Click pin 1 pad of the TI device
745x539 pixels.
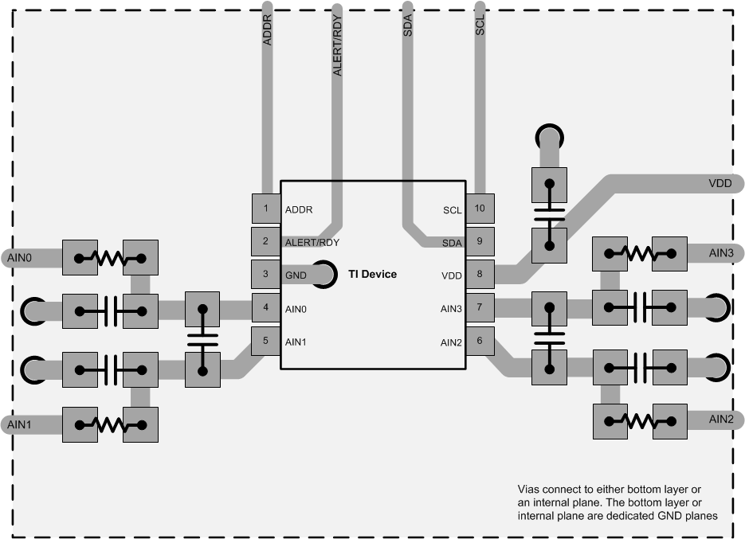265,209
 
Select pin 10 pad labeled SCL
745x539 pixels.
480,209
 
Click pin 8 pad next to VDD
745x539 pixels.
480,275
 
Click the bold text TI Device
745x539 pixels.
372,275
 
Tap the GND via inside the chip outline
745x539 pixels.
323,275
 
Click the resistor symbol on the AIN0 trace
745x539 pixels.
110,258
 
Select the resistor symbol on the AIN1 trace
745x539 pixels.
110,425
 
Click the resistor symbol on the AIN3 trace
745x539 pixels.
640,254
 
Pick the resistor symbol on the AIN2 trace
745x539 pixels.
640,420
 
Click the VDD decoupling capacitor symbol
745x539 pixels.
548,213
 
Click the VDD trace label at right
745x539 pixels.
720,184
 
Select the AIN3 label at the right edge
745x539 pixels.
726,253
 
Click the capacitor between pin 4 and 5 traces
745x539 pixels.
202,340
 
